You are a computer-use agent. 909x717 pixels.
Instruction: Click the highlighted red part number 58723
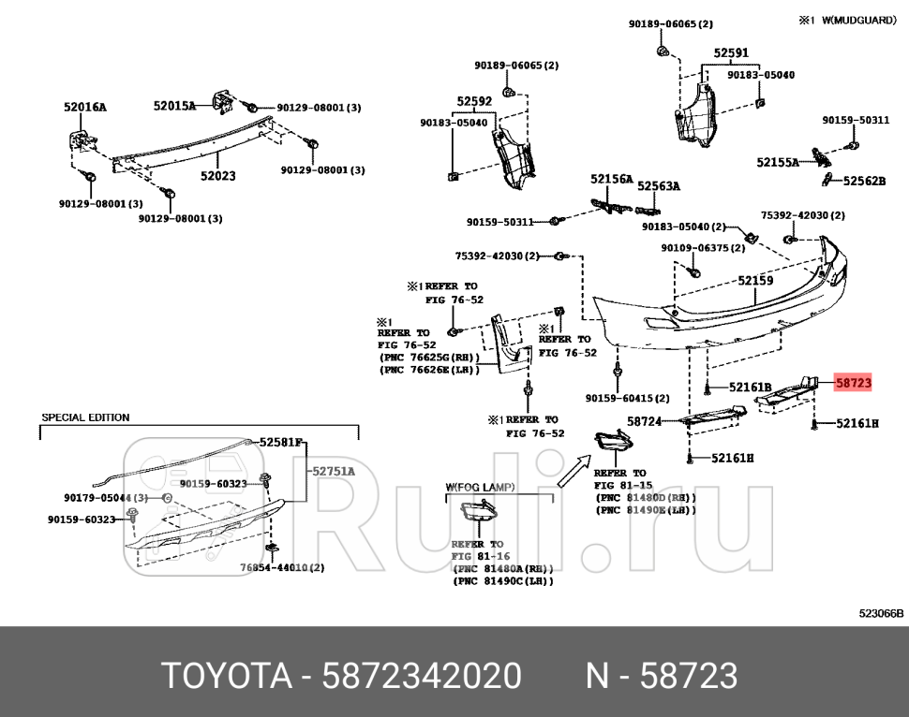pos(853,383)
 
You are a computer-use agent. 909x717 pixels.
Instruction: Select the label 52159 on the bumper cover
pos(755,280)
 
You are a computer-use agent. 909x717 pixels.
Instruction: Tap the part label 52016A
pos(85,107)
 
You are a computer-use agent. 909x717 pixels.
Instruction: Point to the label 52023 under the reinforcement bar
pos(217,175)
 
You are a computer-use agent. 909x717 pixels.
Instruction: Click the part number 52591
pos(731,54)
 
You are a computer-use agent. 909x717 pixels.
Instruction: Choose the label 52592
pos(474,101)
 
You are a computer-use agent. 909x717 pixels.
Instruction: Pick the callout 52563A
pos(659,186)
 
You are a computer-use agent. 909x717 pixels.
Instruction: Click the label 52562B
pos(864,181)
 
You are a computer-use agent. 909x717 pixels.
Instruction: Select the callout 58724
pos(644,422)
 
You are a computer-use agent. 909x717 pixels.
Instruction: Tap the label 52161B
pos(751,387)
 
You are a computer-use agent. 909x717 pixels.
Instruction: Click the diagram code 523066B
pos(881,613)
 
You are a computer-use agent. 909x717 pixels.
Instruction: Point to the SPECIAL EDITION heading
pos(85,417)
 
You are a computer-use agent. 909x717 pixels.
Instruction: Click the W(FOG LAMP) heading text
pos(480,487)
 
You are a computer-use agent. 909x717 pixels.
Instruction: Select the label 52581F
pos(282,442)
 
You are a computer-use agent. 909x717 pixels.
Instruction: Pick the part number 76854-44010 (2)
pos(282,567)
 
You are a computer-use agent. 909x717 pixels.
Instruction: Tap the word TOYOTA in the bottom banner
pos(225,675)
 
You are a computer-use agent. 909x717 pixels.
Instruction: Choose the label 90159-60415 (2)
pos(627,398)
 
